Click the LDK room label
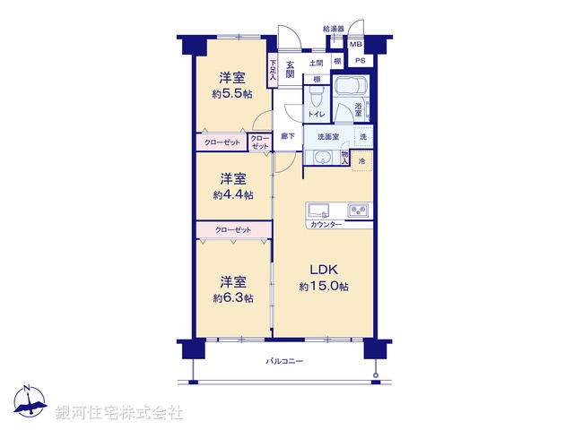(x=324, y=269)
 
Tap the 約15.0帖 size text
(x=324, y=286)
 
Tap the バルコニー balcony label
(x=285, y=361)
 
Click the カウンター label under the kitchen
(x=325, y=224)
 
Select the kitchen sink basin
(x=320, y=211)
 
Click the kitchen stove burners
(x=360, y=211)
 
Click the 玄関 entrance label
(x=291, y=70)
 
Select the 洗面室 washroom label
(x=324, y=136)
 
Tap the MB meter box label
(x=356, y=44)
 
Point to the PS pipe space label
(x=361, y=60)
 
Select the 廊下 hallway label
(x=287, y=136)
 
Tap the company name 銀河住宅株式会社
(x=120, y=412)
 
